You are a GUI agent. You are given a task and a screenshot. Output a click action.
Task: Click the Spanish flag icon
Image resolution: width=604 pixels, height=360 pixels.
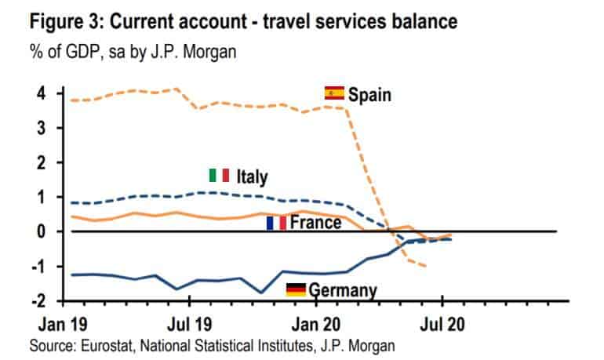[334, 93]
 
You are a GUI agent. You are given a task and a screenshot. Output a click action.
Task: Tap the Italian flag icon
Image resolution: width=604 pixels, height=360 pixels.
[219, 175]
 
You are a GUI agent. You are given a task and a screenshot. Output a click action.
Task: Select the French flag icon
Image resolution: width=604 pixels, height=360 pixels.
[277, 223]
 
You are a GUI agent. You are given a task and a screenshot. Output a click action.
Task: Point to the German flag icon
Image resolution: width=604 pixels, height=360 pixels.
[296, 290]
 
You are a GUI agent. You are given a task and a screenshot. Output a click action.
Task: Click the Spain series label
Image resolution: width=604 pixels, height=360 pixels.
[369, 95]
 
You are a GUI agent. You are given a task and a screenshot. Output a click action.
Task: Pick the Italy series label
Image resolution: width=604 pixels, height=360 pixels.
[252, 177]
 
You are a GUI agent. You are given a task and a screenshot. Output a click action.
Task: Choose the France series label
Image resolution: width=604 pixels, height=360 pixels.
[315, 223]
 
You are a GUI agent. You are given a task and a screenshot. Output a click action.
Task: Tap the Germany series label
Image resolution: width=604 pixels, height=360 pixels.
[343, 290]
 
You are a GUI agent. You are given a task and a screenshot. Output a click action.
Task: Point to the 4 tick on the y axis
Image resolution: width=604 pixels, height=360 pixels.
[42, 93]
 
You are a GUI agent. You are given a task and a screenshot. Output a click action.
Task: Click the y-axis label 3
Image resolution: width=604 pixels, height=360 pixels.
[42, 128]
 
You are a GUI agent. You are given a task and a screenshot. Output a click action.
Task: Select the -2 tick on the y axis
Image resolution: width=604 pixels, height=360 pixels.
[38, 300]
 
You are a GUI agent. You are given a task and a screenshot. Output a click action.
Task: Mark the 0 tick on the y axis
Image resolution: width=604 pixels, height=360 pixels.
[42, 231]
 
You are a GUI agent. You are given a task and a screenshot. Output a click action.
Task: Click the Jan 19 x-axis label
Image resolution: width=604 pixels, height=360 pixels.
[63, 324]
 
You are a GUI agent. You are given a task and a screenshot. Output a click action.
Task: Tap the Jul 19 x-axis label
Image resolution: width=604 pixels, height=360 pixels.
[189, 324]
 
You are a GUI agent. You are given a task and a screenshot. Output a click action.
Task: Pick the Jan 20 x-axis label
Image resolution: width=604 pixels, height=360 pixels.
[316, 324]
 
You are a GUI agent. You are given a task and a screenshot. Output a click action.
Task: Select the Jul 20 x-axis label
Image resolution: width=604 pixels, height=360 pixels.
[442, 324]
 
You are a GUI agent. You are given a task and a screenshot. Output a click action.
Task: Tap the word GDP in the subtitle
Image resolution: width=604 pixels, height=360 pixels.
[83, 52]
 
